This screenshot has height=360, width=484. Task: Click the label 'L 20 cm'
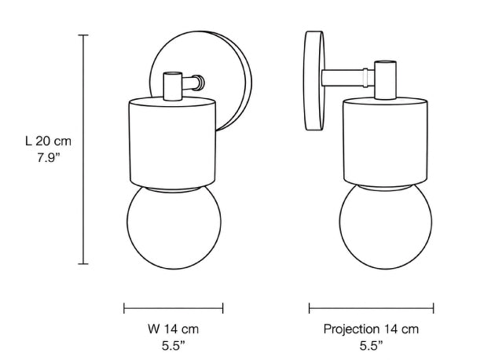[x=48, y=141]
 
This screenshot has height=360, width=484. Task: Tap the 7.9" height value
[x=49, y=158]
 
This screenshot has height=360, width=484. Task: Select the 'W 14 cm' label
[x=173, y=329]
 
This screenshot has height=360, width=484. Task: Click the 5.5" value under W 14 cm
[x=174, y=346]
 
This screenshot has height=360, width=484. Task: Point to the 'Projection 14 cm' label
[x=371, y=329]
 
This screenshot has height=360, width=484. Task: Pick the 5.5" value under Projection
[x=372, y=346]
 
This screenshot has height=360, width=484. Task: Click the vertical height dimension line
[x=83, y=149]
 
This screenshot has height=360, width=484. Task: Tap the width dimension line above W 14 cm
[x=173, y=308]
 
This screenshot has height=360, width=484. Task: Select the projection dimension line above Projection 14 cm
[x=372, y=308]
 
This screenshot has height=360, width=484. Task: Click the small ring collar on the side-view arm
[x=365, y=78]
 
